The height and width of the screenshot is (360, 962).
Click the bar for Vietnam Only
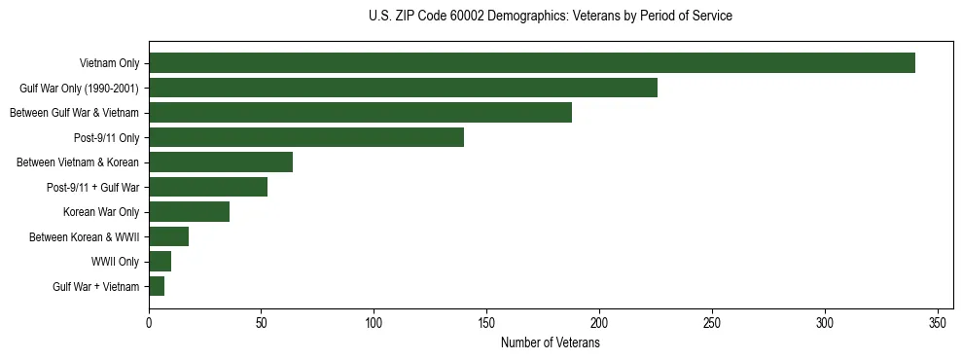click(x=531, y=63)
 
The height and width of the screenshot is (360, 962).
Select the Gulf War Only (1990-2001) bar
click(x=403, y=88)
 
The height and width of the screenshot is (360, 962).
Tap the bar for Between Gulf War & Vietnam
click(x=360, y=113)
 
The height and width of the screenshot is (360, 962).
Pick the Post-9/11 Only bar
click(x=306, y=137)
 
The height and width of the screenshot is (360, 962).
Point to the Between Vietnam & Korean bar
click(x=221, y=162)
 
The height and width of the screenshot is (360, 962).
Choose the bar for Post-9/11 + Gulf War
click(x=208, y=187)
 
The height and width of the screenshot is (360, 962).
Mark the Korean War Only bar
click(x=189, y=212)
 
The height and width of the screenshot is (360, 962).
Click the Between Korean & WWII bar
click(x=168, y=236)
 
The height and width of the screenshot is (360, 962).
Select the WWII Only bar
click(x=160, y=262)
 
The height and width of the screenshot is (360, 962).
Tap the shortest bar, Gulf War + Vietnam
click(x=157, y=286)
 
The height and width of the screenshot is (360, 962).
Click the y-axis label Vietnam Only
click(x=108, y=64)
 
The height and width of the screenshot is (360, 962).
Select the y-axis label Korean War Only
click(x=101, y=212)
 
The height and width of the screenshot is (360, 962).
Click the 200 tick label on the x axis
click(x=599, y=322)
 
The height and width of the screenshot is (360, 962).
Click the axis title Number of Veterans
click(x=550, y=343)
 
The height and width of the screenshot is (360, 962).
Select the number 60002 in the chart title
click(x=466, y=16)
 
